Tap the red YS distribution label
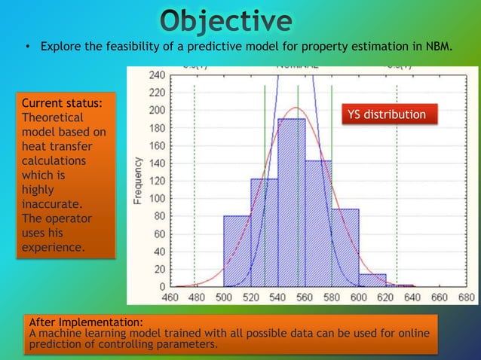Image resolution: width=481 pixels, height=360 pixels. (x=386, y=114)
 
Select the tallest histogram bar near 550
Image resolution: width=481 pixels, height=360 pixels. (x=292, y=203)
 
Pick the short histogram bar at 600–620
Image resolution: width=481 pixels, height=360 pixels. (x=372, y=280)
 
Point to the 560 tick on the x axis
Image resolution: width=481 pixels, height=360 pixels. (x=305, y=297)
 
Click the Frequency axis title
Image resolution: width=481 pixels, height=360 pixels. (x=139, y=181)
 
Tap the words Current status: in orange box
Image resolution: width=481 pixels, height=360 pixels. (x=57, y=103)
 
